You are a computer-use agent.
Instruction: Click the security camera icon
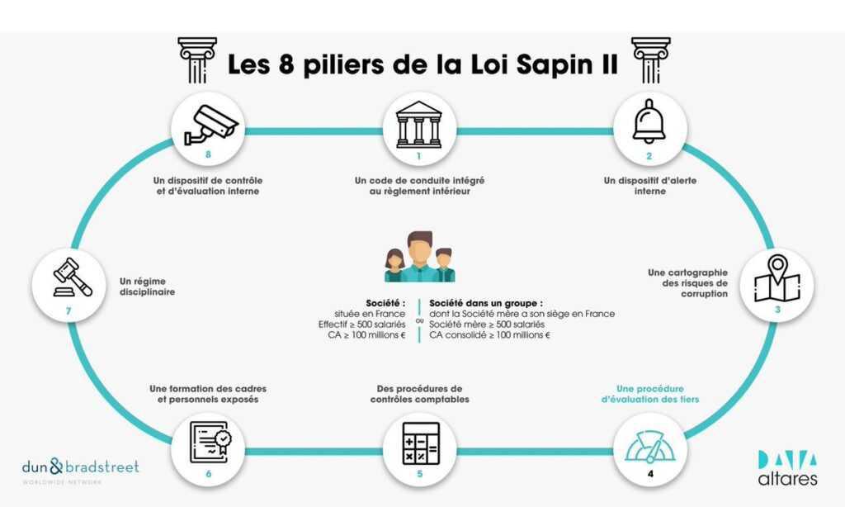tap(210, 125)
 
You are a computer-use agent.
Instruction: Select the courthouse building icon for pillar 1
tap(418, 125)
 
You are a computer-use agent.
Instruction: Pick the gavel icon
tap(73, 277)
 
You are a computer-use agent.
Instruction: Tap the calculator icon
tap(421, 443)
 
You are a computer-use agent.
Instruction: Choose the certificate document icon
tap(210, 443)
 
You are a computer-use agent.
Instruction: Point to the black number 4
tap(650, 474)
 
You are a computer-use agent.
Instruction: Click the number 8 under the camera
tap(209, 154)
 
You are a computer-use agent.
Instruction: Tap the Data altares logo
tap(787, 467)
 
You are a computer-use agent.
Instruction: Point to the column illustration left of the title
tap(197, 60)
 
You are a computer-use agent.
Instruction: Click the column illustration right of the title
tap(651, 60)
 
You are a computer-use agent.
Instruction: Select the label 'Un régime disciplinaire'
tap(147, 287)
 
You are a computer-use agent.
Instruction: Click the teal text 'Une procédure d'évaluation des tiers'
tap(650, 394)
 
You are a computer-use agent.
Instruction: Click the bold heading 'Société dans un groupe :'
tap(486, 303)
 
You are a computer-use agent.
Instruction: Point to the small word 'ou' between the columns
tap(419, 320)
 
